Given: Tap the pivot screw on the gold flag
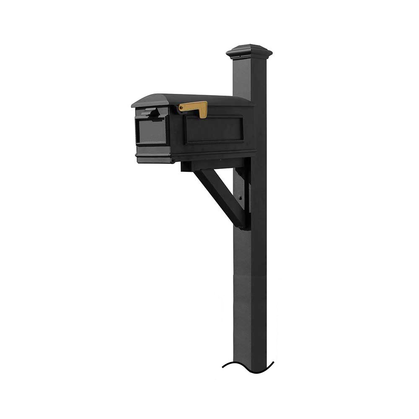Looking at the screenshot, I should (181, 109).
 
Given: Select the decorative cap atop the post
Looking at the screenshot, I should (249, 52).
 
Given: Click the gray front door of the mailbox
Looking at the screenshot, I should (151, 130).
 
